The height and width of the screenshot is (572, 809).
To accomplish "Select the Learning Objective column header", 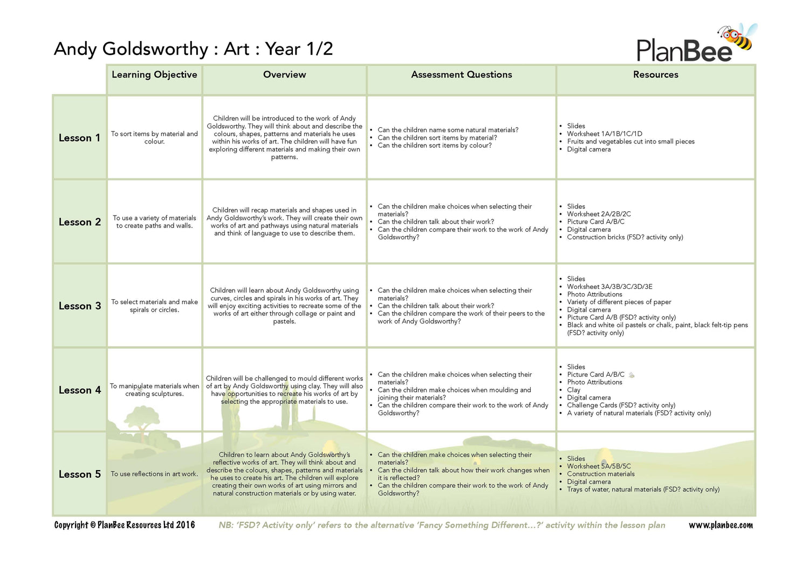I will (x=154, y=75).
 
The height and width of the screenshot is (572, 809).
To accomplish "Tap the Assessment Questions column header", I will (x=461, y=75).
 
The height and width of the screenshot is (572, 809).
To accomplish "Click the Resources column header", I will (x=655, y=75).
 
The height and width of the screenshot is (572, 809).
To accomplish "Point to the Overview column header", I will (x=284, y=75).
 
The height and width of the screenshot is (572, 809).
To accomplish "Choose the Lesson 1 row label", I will (x=79, y=138).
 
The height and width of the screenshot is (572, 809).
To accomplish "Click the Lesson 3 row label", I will (x=79, y=306).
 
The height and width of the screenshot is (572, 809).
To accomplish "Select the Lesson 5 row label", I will (x=79, y=474).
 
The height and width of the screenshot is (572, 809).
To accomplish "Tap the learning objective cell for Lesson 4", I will (x=154, y=390).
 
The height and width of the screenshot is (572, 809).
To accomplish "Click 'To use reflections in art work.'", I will (x=154, y=474).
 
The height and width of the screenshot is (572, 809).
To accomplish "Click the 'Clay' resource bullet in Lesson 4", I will (x=573, y=390).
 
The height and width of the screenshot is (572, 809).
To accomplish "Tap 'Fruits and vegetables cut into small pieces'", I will (x=630, y=142).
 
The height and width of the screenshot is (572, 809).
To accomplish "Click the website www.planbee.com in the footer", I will (x=721, y=525).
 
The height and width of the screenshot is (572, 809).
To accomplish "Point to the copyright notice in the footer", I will (x=125, y=525).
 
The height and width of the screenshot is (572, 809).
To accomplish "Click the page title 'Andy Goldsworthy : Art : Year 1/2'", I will (x=193, y=49).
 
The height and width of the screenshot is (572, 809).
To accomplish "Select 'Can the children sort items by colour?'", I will (x=434, y=146).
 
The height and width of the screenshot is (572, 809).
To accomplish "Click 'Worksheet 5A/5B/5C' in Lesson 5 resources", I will (x=599, y=466).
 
